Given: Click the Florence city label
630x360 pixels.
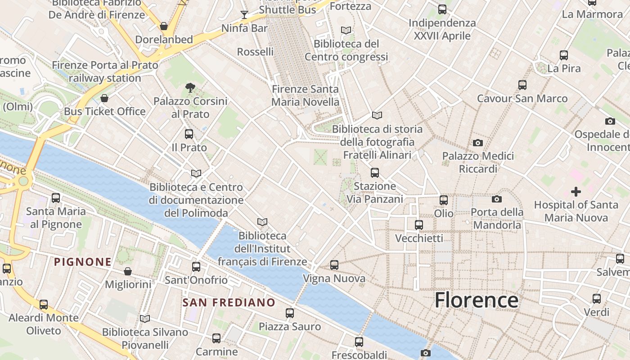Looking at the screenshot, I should (477, 300).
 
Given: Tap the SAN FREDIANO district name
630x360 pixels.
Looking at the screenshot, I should (229, 302).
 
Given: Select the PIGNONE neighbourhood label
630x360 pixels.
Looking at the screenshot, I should (83, 262).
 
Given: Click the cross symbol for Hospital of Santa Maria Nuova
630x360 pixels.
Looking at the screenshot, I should (576, 192).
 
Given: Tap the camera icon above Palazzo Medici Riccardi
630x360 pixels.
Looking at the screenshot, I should (478, 143).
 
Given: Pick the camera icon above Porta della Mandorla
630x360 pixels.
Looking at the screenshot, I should (497, 199).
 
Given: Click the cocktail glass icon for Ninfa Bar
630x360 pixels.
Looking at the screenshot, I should (244, 15).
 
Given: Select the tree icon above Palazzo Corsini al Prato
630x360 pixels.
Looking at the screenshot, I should (190, 88).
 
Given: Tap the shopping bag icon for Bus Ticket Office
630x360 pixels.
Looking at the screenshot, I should (105, 98).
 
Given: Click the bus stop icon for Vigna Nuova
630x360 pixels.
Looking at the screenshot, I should (334, 265).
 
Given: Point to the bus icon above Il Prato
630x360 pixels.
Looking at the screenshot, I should (189, 134).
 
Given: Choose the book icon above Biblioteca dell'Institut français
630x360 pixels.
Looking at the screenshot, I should (262, 222).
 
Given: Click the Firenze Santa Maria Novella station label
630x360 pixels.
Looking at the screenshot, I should (306, 95).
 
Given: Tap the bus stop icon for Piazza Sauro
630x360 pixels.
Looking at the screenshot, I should (290, 313).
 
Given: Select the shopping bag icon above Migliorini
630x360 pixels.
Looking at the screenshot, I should (128, 271).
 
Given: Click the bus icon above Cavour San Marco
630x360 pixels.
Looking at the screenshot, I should (522, 85).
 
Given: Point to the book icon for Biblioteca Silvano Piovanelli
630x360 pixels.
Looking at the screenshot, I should (145, 319).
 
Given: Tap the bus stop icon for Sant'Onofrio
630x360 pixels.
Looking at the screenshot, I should (196, 266).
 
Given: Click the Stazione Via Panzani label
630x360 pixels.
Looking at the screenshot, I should (375, 192).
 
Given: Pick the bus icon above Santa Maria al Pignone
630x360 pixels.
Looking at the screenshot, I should (56, 198).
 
